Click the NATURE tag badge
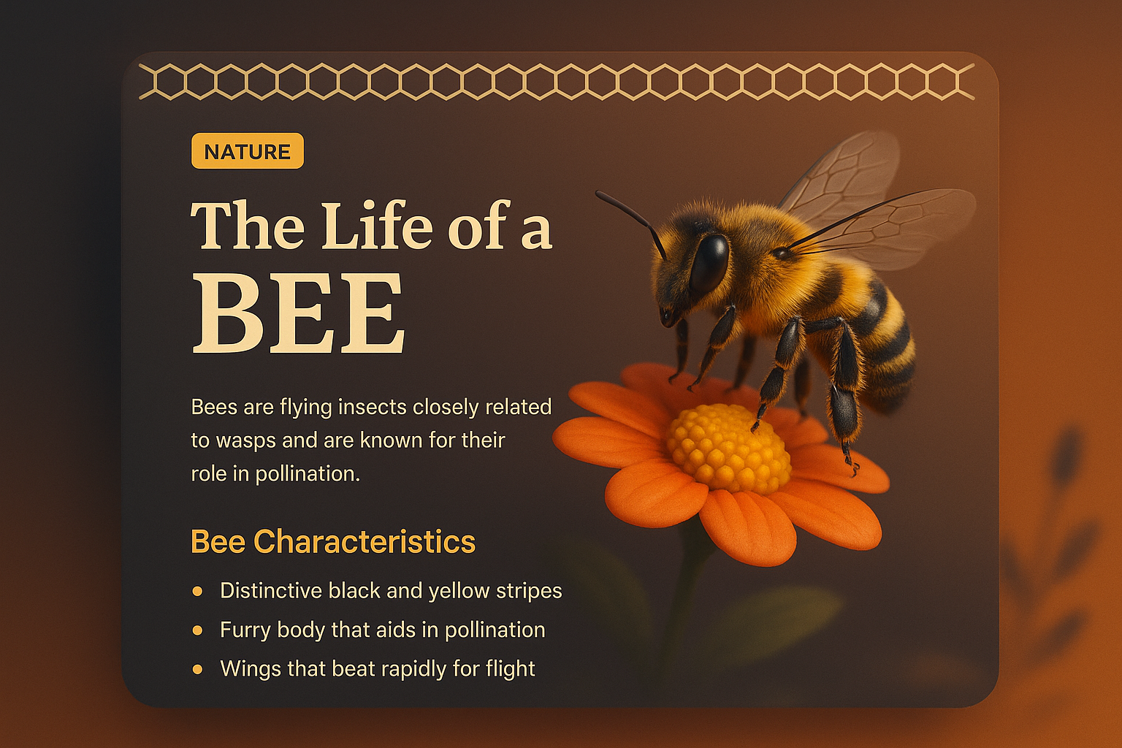click(247, 151)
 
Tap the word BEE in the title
click(298, 313)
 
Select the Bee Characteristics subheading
click(332, 542)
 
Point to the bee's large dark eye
click(709, 263)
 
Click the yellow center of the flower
click(727, 447)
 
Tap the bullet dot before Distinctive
click(197, 591)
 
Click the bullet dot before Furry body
click(197, 630)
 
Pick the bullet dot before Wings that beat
click(197, 668)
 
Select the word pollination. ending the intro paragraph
click(308, 474)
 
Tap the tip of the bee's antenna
click(598, 194)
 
